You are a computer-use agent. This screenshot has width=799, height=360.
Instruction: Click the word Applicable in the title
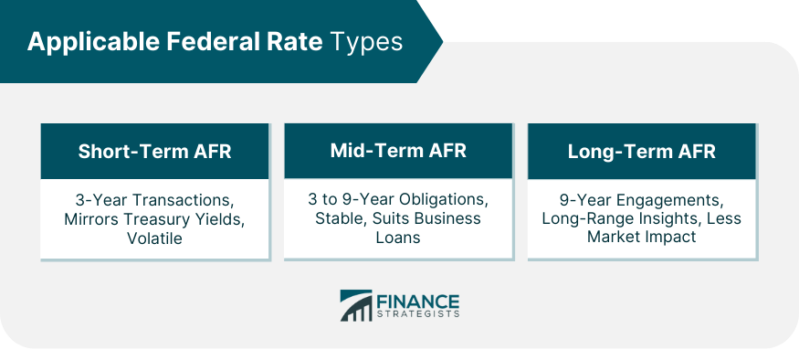pos(94,42)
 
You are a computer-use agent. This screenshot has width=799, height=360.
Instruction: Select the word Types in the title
pos(366,43)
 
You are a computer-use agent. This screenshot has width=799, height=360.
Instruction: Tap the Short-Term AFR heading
pos(155,152)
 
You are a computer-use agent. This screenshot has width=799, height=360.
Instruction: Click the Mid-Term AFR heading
pos(398,151)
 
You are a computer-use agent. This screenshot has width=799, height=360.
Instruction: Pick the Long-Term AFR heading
pos(642,152)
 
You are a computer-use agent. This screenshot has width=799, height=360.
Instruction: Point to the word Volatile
pos(154,238)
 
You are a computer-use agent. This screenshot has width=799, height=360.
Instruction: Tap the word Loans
pos(398,238)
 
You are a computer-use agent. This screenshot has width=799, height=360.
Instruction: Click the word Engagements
pos(670,200)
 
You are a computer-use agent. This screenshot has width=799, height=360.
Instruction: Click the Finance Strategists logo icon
pos(356,305)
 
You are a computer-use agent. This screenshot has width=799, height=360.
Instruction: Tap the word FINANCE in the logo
pos(418,302)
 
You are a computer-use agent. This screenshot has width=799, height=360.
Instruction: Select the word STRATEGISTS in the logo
pos(418,314)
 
